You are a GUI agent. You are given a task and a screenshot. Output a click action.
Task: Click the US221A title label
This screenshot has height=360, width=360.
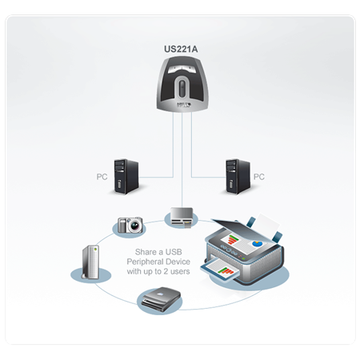181,49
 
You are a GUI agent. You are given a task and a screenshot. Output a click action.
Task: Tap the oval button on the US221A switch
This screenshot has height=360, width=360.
182,86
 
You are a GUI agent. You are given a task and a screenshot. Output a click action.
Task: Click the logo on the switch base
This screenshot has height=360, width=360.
184,105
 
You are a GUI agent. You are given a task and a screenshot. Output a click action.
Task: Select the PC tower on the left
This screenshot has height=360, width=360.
126,177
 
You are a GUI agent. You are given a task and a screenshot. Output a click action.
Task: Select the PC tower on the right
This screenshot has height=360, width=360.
238,177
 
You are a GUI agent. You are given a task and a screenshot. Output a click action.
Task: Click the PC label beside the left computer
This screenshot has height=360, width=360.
102,177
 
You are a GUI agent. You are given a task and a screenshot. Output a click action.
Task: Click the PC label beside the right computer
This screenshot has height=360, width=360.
259,177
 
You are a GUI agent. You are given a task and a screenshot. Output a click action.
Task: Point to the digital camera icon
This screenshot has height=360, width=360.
130,226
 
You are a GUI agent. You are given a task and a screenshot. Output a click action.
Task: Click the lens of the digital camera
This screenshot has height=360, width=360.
135,226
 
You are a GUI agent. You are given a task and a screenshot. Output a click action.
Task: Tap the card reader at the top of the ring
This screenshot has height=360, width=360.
182,217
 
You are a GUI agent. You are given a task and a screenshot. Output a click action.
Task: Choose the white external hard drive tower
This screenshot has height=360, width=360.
91,262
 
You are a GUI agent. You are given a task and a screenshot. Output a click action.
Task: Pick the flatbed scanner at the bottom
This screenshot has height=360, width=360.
162,299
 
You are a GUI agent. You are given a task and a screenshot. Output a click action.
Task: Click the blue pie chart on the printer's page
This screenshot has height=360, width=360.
257,243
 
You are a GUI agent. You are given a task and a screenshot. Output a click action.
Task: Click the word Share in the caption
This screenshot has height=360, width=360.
146,252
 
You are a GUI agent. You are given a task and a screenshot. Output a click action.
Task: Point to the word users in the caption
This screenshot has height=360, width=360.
180,271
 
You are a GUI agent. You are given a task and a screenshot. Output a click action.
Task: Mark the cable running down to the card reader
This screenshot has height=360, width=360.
182,160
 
